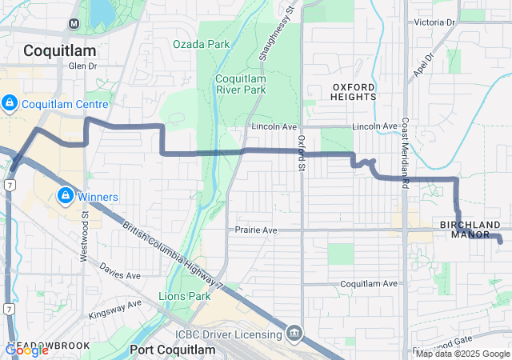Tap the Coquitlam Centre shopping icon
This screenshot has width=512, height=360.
click(10, 103)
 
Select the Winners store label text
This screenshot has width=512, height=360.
click(98, 197)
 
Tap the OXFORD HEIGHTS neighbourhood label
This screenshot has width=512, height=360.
click(353, 91)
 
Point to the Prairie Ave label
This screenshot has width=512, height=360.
click(256, 230)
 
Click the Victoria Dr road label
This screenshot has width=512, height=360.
click(433, 22)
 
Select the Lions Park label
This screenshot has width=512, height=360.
click(186, 296)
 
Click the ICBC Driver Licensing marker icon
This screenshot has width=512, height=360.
click(294, 333)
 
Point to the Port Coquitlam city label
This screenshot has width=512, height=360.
click(172, 350)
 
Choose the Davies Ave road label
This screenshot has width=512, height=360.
click(120, 275)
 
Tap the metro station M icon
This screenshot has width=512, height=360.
click(74, 22)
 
